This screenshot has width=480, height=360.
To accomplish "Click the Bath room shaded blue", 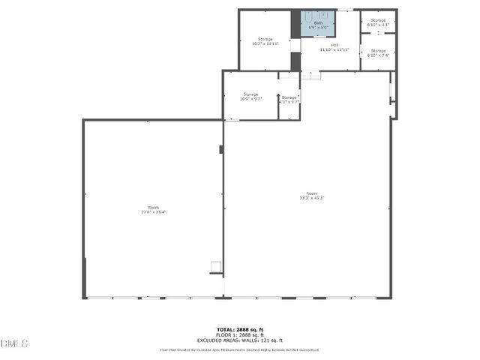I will pos(318,22).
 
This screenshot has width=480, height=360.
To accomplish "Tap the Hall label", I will pos(334,45).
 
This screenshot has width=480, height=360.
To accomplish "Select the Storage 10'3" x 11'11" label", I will pos(265,41).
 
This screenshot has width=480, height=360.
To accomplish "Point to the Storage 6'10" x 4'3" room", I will pos(378,22).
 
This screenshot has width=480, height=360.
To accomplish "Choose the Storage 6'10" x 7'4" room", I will pos(378,52).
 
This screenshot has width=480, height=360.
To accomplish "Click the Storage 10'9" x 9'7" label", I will pos(250,97).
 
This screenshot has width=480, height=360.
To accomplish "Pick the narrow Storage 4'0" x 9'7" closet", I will pos(289,99).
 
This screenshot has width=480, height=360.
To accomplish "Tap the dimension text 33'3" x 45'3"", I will pos(311,198).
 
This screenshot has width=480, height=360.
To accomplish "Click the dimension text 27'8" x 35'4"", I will pos(153,212).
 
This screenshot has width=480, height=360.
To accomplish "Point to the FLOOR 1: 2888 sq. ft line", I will pos(239,335).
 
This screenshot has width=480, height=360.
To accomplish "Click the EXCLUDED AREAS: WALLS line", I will pos(239,340).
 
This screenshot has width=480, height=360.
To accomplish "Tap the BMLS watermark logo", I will pos(15,343).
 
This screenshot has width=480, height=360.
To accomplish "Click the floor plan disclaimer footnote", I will pos(239,349).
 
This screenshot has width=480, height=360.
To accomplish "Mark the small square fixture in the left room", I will pos(215,265).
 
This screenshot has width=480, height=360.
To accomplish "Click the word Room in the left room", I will pos(153,207).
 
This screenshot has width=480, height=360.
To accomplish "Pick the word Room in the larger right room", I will pos(311,193).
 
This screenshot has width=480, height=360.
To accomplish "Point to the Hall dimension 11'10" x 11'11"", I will pos(334,49).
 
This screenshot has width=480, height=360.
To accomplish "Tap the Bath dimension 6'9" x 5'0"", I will pos(319,28).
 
